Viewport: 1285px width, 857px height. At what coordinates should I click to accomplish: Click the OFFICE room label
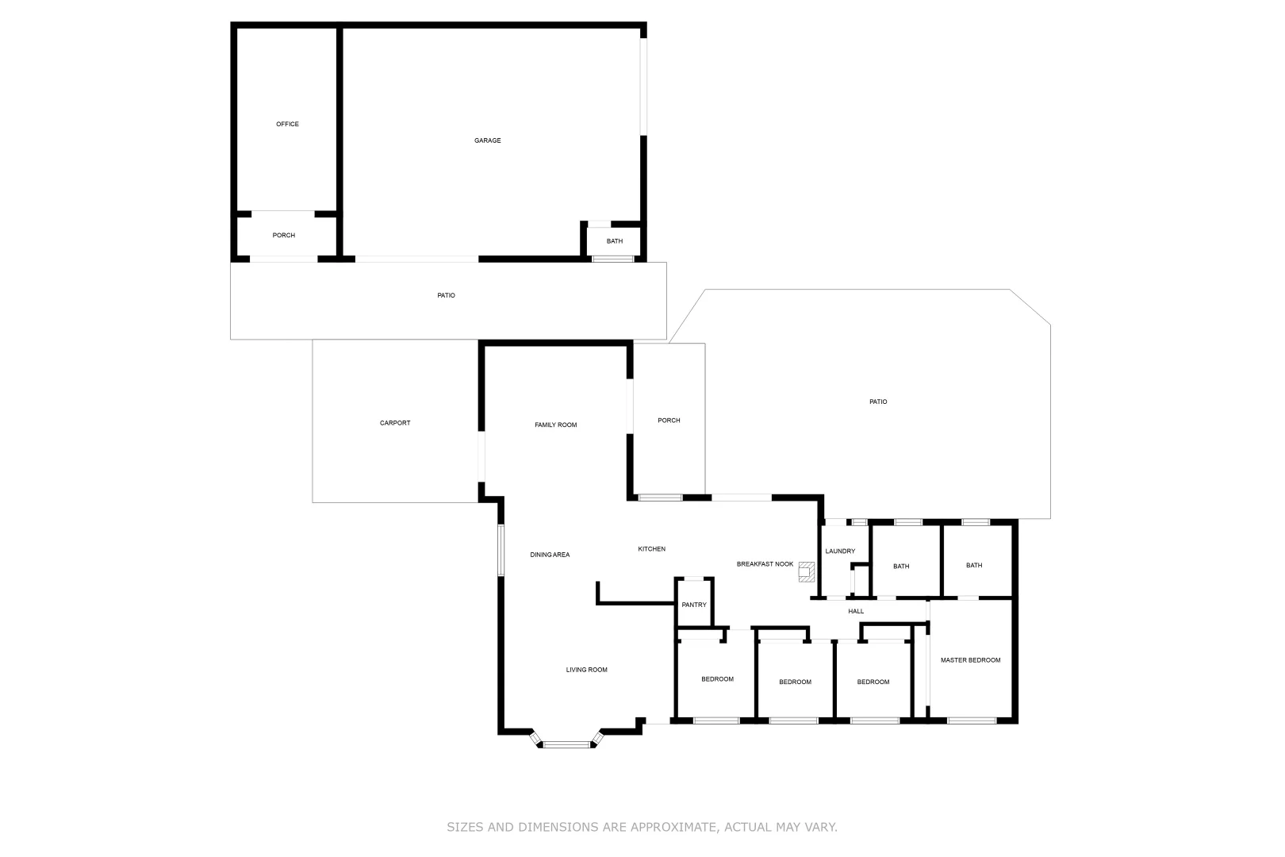coord(287,124)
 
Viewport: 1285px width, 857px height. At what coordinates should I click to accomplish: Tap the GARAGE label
coord(487,140)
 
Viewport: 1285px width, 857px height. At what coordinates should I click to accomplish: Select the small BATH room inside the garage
coord(614,241)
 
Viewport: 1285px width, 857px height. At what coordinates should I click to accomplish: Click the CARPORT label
coord(395,423)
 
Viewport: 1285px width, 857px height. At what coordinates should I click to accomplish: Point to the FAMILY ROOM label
coord(555,425)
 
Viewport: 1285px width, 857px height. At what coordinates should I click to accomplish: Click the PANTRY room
coord(694,605)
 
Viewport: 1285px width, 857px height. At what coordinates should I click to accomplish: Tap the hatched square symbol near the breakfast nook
coord(806,571)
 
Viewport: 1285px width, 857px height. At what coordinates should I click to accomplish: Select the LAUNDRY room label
coord(840,551)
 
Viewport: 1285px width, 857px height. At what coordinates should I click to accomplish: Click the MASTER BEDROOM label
coord(970,660)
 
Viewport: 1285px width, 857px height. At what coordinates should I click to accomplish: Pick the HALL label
coord(856,611)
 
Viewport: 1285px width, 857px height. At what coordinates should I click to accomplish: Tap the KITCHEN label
coord(652,549)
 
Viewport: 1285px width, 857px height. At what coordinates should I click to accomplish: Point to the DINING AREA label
coord(550,555)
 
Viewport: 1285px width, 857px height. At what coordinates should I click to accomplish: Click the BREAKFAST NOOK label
coord(765,564)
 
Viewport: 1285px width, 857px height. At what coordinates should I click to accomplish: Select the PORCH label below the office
coord(284,236)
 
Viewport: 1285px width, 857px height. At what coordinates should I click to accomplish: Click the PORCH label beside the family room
coord(669,421)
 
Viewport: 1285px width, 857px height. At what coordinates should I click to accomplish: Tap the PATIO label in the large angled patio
coord(878,402)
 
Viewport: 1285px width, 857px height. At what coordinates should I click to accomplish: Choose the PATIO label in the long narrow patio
coord(446,295)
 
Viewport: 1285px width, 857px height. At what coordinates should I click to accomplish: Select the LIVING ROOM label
coord(586,670)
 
